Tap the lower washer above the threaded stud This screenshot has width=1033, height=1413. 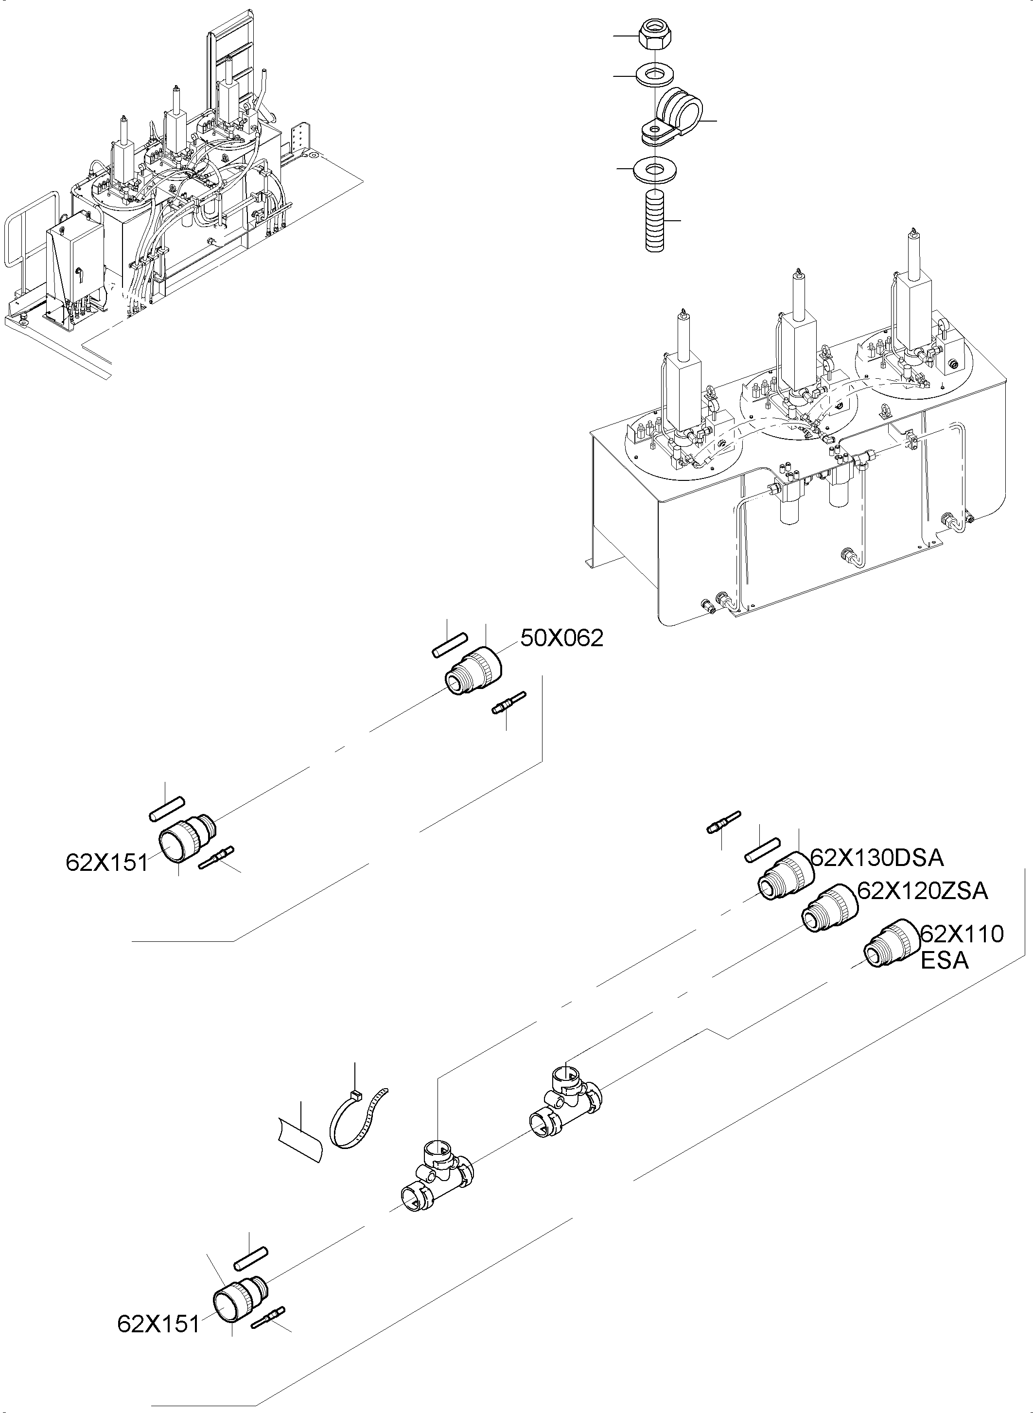[655, 170]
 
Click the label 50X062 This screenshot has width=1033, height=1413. [561, 638]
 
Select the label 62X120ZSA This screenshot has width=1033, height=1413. [922, 891]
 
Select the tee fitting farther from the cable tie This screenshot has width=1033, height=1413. [566, 1101]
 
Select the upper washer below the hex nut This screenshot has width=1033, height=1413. [653, 76]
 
